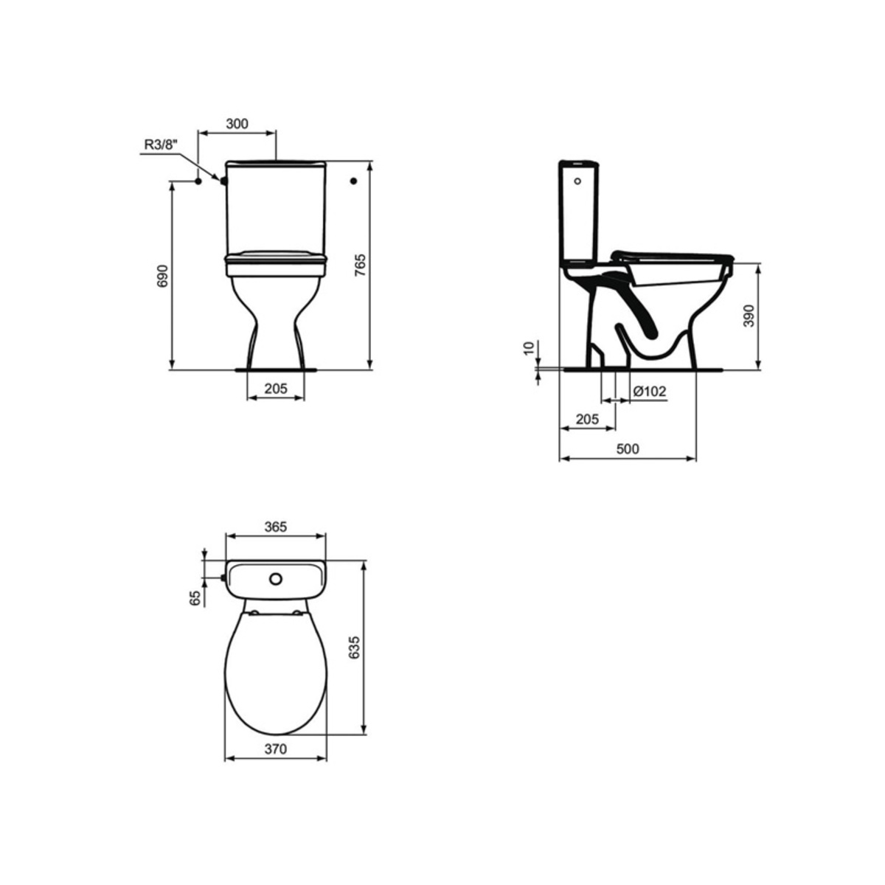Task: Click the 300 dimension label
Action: pos(237,124)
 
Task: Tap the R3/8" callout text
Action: pos(161,145)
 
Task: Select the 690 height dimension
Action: pos(163,276)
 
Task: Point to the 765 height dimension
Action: pos(361,265)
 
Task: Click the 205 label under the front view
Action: pos(276,389)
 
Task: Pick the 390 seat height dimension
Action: pos(749,316)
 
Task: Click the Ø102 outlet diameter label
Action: pos(649,391)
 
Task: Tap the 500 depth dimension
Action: pos(628,448)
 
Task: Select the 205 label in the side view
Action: pos(587,419)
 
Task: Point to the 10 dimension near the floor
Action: pos(530,348)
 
